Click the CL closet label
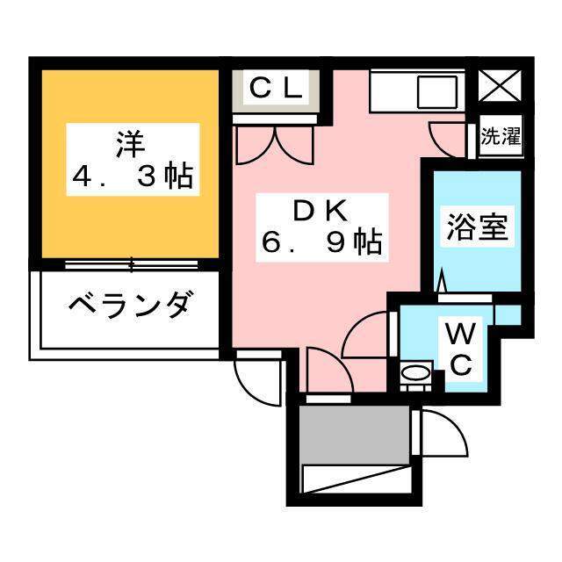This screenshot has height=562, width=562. tap(276, 89)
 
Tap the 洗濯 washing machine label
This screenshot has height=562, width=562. tap(501, 138)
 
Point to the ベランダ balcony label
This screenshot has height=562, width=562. tap(128, 308)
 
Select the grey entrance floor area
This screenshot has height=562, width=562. tap(354, 432)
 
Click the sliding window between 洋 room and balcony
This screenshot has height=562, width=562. tap(130, 263)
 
